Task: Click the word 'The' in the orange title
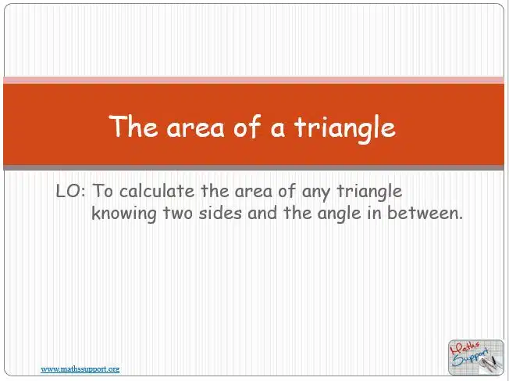tap(133, 126)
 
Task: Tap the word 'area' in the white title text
tap(195, 128)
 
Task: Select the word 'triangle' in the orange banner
tap(345, 129)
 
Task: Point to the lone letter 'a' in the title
tap(278, 128)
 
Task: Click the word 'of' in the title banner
tap(247, 126)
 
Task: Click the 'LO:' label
tap(71, 191)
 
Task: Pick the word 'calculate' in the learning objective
tap(157, 191)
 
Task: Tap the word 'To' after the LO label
tap(103, 191)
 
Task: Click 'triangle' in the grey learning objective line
tap(370, 192)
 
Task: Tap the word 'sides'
tap(220, 213)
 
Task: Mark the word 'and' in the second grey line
tap(262, 213)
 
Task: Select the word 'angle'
tap(340, 214)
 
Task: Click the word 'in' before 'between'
tap(374, 213)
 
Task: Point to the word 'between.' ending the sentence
tap(425, 213)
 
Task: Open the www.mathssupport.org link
tap(80, 369)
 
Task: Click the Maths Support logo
tap(475, 358)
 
